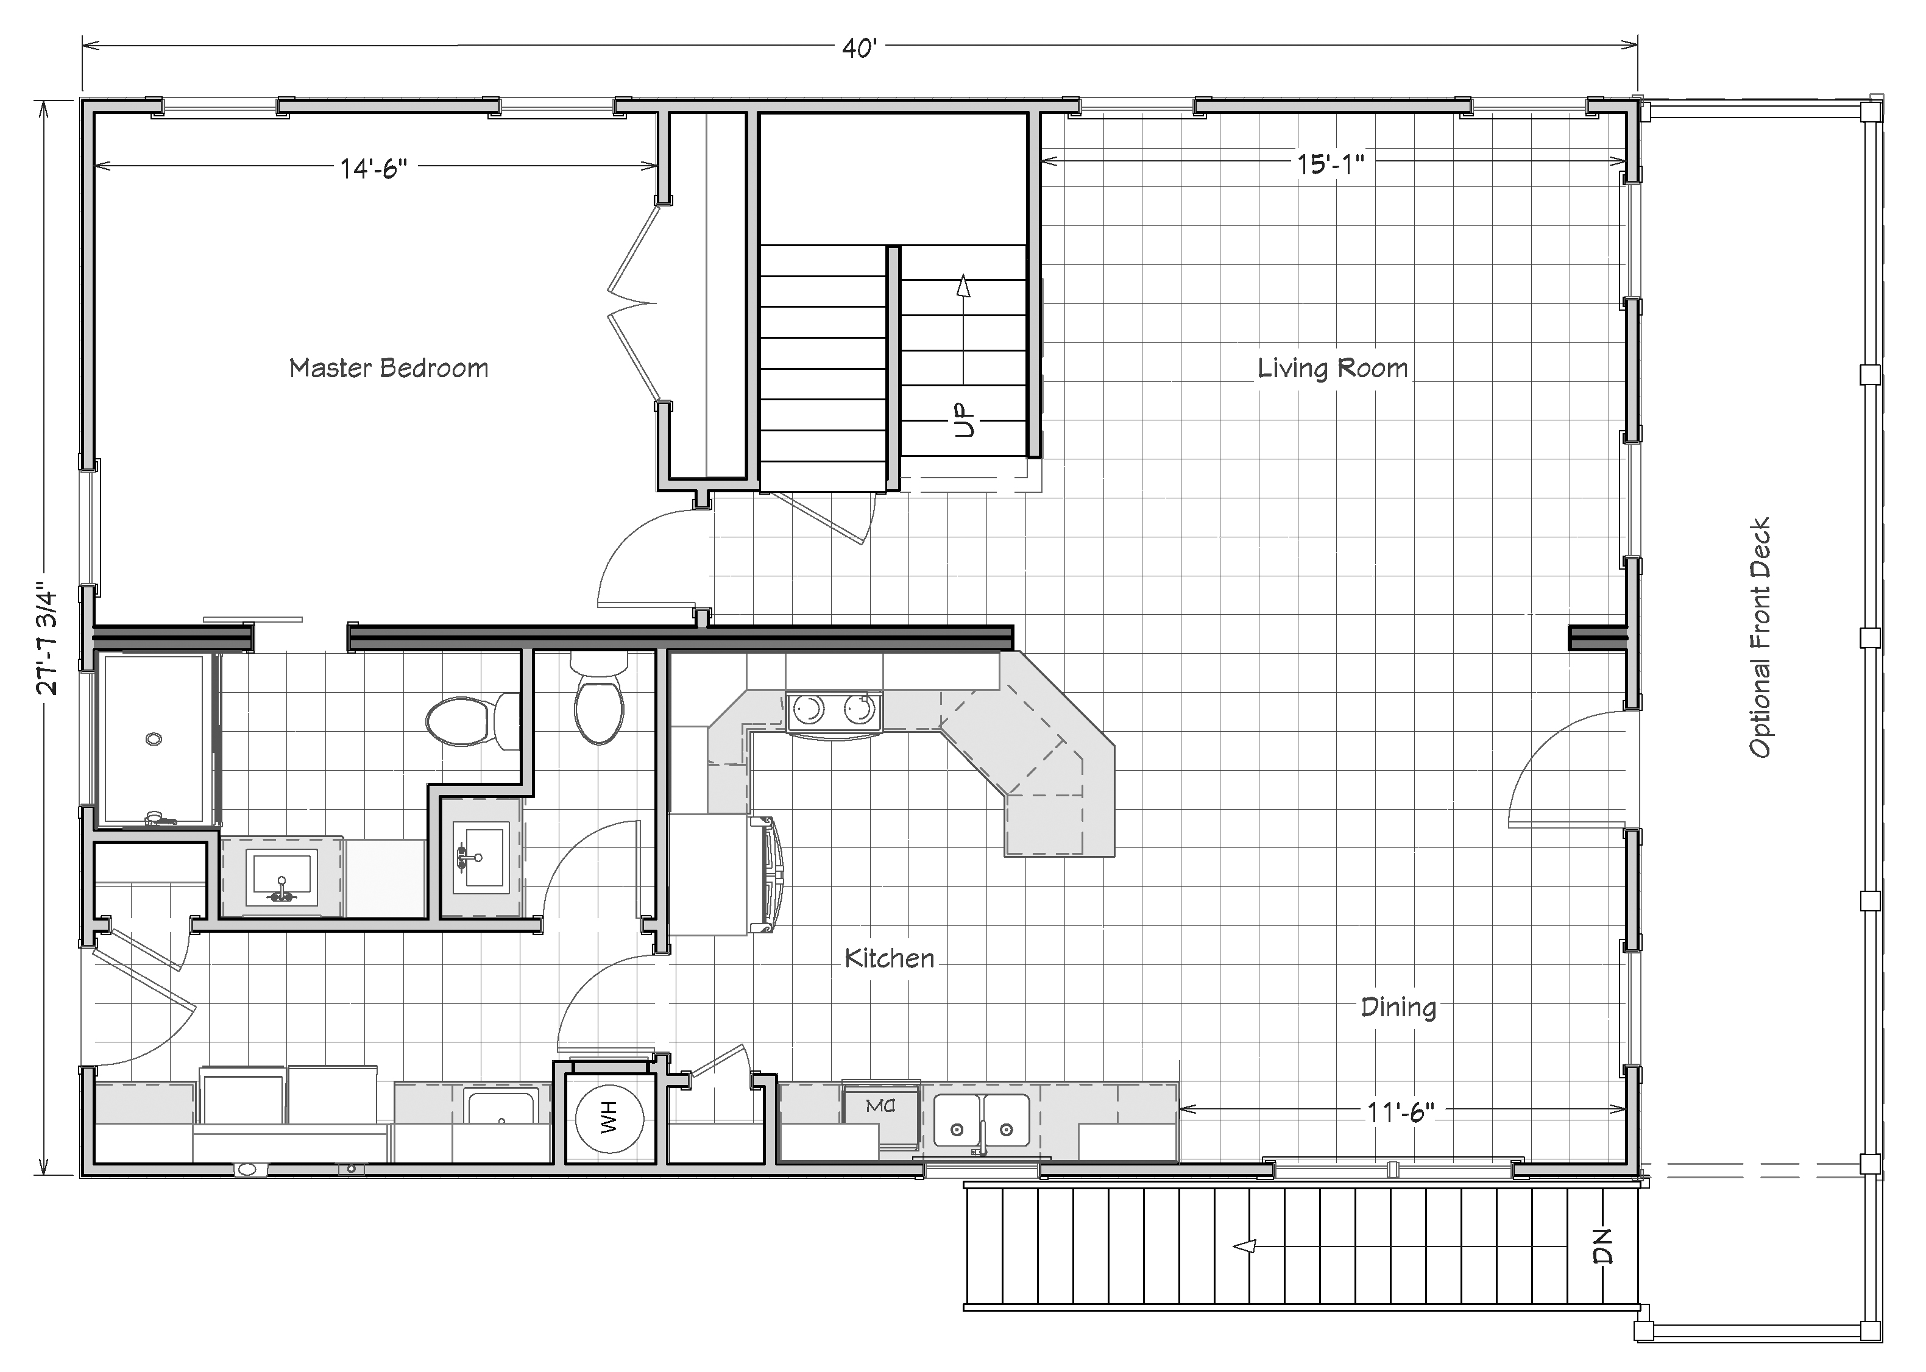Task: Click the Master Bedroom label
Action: [389, 369]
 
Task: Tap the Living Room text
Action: [1332, 369]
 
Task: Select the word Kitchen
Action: [890, 958]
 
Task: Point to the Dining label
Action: [1398, 1007]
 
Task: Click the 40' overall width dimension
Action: [860, 48]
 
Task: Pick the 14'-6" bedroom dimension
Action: [374, 168]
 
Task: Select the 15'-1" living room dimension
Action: [1331, 164]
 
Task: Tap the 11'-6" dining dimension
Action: [1401, 1112]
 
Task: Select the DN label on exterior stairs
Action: [1602, 1246]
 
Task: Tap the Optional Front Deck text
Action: [1760, 638]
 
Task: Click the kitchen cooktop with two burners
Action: [834, 710]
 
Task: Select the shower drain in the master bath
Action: [154, 738]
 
